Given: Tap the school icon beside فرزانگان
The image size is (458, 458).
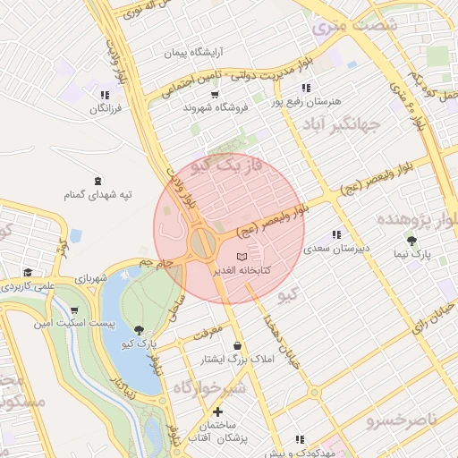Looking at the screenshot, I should pyautogui.click(x=105, y=94).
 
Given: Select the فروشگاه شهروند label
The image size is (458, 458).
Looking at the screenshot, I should pyautogui.click(x=215, y=107).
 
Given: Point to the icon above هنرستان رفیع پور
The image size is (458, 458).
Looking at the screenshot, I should pyautogui.click(x=306, y=88).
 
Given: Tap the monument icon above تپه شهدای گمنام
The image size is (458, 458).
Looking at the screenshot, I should pyautogui.click(x=97, y=179).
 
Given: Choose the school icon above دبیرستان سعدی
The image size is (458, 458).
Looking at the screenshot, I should pyautogui.click(x=335, y=234).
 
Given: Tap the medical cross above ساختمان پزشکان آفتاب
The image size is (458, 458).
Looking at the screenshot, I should pyautogui.click(x=217, y=411).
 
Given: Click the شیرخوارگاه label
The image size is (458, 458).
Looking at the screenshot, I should pyautogui.click(x=208, y=386).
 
